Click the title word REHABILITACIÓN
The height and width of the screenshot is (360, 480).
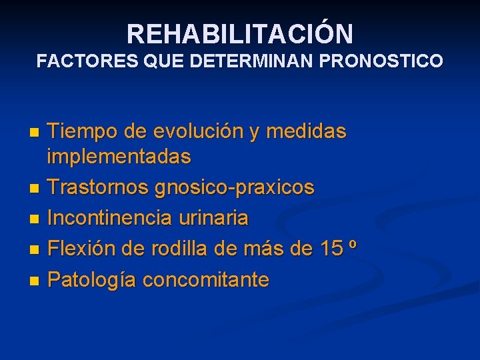240,33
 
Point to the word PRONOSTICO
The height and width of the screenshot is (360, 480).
381,61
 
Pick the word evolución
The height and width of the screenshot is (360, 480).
201,132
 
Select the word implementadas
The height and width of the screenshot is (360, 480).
119,157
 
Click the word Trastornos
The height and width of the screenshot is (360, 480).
98,187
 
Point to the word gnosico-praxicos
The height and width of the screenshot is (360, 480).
234,187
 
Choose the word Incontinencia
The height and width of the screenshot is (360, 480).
111,217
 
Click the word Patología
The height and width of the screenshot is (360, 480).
91,279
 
